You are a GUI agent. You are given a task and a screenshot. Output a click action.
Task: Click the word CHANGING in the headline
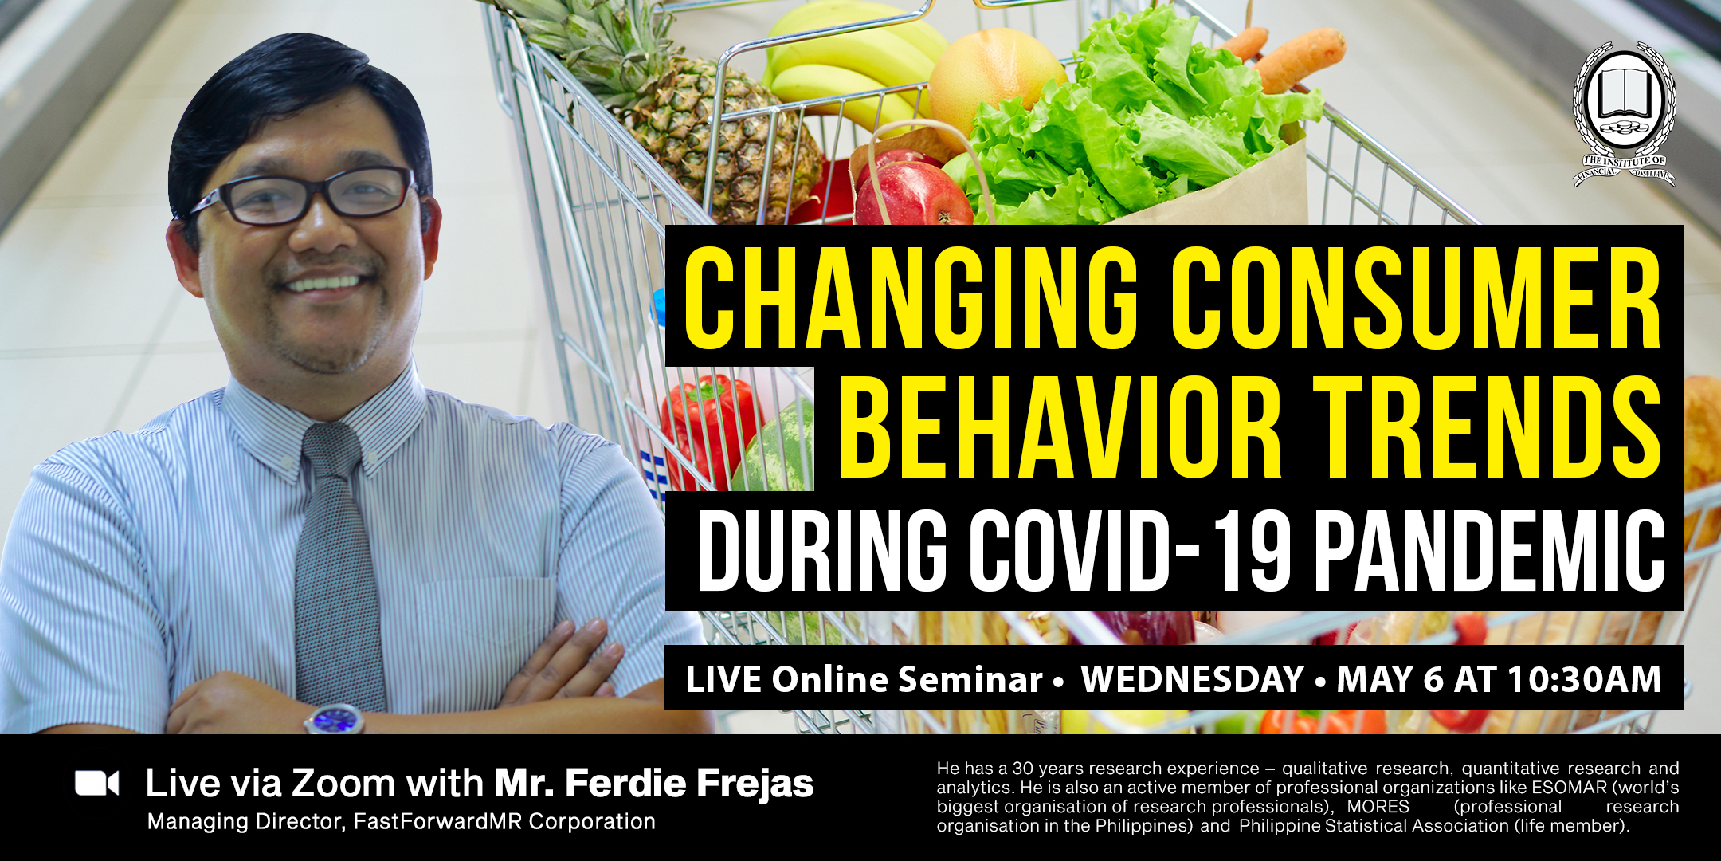click(x=911, y=297)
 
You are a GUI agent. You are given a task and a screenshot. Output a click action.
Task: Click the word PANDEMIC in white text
click(x=1489, y=551)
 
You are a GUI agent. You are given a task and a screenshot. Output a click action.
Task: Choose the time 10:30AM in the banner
click(x=1584, y=679)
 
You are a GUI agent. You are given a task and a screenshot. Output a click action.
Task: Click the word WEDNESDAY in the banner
click(x=1192, y=679)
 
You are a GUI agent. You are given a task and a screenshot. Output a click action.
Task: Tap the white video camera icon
click(x=97, y=784)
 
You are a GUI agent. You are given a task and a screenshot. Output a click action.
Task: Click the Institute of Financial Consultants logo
click(x=1624, y=115)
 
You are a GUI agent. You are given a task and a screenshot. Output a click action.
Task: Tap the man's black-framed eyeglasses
click(x=307, y=195)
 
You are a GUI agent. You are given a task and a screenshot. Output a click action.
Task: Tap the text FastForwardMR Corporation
click(x=504, y=822)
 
